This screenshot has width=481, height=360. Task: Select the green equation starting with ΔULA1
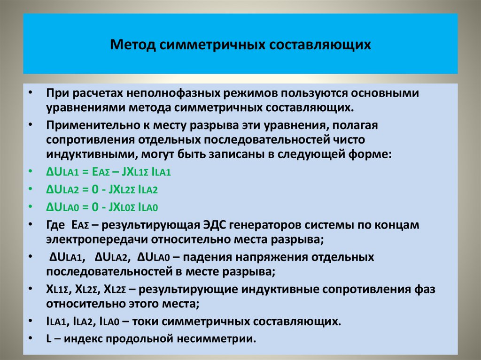pos(108,172)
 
